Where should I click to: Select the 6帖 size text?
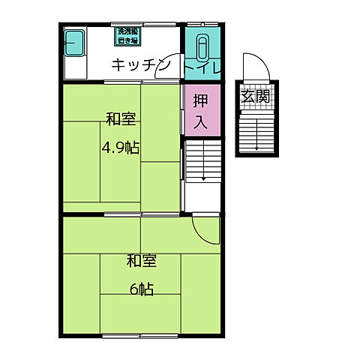coord(141,289)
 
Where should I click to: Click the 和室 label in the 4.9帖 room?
coord(120,119)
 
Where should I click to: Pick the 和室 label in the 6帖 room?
coord(141,261)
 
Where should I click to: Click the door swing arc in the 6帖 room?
coord(203,228)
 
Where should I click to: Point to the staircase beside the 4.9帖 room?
coord(202,162)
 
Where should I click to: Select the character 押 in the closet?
coord(202,99)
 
